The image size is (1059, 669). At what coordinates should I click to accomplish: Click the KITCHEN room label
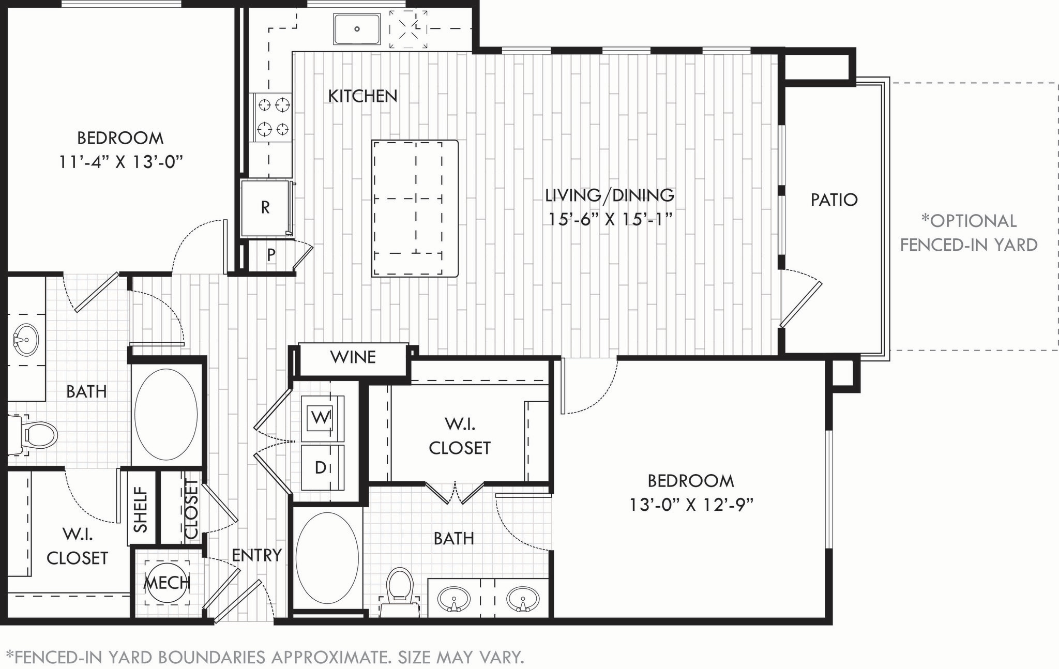362,96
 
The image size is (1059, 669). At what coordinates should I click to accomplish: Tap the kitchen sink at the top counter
357,29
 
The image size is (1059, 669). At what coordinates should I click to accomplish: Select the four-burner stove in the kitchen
273,117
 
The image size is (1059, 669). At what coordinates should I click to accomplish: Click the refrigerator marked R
265,208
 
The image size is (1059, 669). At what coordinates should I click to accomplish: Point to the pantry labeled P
271,255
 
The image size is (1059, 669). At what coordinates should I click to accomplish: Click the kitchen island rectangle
415,208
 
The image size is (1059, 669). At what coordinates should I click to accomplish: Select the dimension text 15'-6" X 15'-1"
610,219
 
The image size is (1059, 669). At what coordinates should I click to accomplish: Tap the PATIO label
834,200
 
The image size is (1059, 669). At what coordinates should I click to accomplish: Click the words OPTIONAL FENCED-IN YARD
969,233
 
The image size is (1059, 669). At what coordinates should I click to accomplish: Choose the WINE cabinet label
353,357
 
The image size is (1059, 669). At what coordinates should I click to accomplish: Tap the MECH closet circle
167,583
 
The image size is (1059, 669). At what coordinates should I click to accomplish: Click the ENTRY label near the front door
256,555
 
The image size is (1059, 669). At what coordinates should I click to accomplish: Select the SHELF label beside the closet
141,509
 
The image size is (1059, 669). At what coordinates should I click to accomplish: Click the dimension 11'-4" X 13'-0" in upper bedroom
120,162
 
